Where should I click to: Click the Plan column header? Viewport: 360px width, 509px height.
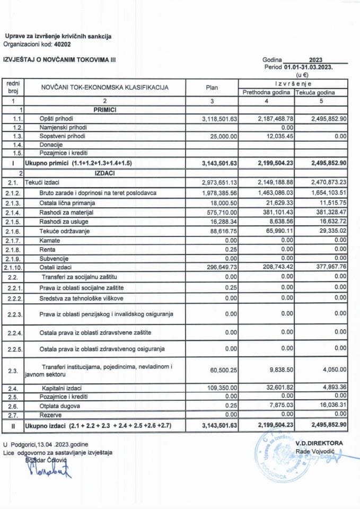pyautogui.click(x=210, y=87)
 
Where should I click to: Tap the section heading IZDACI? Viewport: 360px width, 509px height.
pyautogui.click(x=104, y=173)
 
